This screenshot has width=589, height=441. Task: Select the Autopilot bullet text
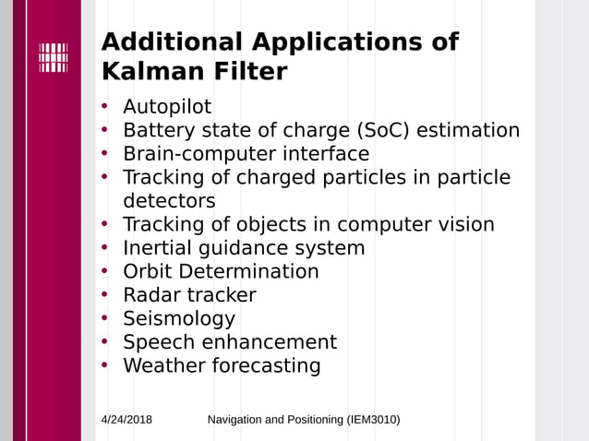tap(167, 107)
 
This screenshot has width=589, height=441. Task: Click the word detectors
tap(169, 200)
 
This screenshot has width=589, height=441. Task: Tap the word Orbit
tap(148, 271)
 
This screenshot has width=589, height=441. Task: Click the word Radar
tap(151, 295)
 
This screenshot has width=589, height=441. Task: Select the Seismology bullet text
tap(179, 319)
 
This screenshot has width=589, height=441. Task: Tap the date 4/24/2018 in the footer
tap(126, 420)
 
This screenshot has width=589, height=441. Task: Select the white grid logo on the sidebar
tap(54, 57)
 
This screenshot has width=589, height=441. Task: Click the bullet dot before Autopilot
tap(105, 107)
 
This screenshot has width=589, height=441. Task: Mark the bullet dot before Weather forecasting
tap(105, 365)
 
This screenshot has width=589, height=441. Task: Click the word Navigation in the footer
tap(234, 420)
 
